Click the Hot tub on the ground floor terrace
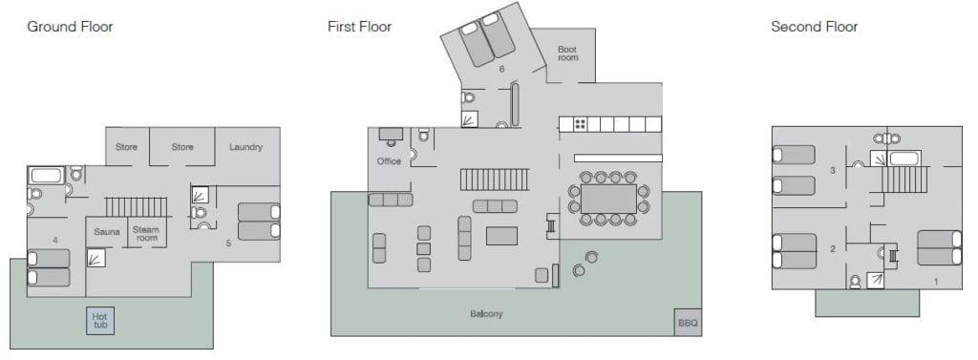click(x=100, y=320)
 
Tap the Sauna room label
click(x=107, y=232)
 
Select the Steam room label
click(x=146, y=233)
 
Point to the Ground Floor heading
click(x=70, y=27)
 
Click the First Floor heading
click(x=359, y=27)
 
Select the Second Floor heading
click(x=814, y=27)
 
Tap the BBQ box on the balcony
click(x=688, y=323)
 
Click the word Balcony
click(x=486, y=314)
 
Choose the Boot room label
click(x=567, y=53)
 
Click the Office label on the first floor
click(x=390, y=161)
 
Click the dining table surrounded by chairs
click(x=608, y=199)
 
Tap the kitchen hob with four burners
click(x=580, y=124)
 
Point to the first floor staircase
click(x=495, y=180)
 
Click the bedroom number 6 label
click(x=501, y=70)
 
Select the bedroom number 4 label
click(x=55, y=240)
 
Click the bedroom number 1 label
click(x=936, y=282)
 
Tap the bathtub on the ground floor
click(x=46, y=176)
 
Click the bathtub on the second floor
click(x=904, y=158)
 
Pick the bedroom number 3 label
click(x=832, y=170)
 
